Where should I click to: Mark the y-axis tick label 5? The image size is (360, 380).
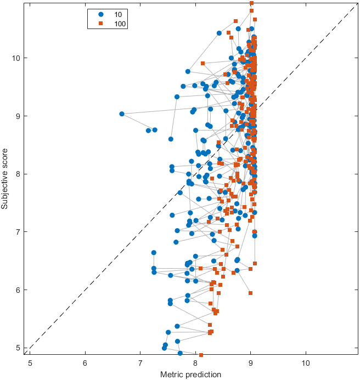point(19,348)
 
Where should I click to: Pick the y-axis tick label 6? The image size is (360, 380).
point(19,290)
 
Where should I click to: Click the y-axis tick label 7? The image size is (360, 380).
point(19,232)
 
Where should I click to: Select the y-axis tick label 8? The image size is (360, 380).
point(19,174)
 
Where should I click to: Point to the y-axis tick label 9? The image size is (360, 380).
point(19,116)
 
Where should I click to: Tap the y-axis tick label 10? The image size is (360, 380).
point(16,58)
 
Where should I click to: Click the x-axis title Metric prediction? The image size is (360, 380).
point(190,374)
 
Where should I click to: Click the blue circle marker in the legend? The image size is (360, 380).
point(100,14)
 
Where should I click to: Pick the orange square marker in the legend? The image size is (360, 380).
point(100,24)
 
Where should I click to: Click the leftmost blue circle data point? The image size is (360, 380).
point(122,114)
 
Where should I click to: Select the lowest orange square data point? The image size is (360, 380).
point(201,355)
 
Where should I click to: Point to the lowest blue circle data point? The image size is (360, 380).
point(180,353)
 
